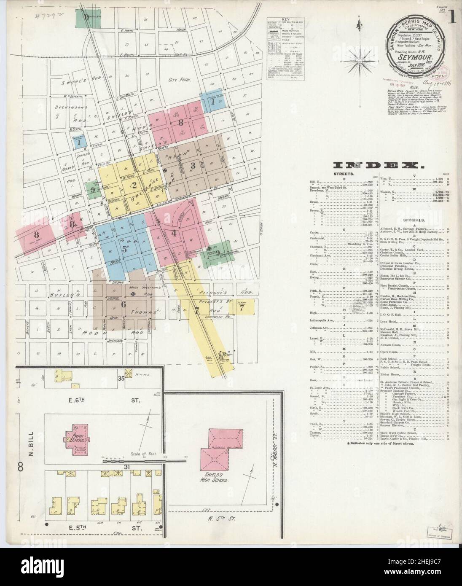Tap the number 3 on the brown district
click(193, 165)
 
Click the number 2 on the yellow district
click(134, 184)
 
